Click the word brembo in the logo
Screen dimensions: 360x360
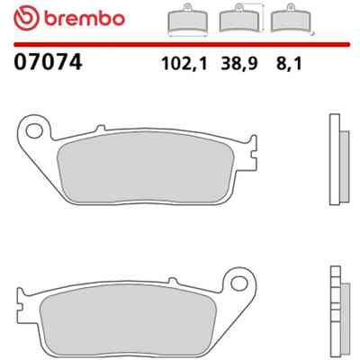click(85, 19)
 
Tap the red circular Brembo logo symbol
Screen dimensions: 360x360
click(26, 18)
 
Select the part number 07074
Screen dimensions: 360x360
click(48, 62)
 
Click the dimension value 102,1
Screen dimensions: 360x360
click(184, 64)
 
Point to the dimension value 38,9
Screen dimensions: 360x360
click(239, 64)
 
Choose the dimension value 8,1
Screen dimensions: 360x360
click(289, 64)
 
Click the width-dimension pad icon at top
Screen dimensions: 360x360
click(188, 20)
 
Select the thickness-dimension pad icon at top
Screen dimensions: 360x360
click(292, 19)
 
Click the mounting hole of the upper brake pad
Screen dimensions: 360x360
click(34, 131)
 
